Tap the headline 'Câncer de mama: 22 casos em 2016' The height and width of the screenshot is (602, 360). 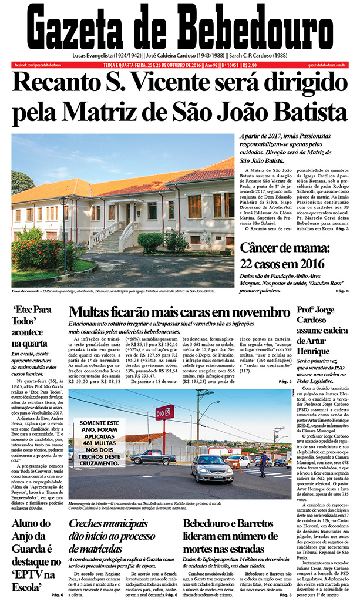(289, 256)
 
